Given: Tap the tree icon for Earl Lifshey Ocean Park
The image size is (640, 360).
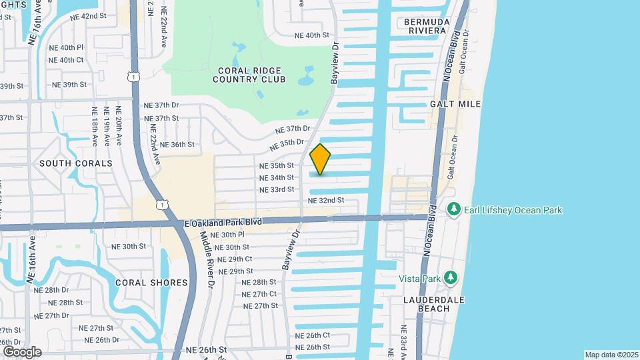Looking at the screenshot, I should pyautogui.click(x=454, y=210).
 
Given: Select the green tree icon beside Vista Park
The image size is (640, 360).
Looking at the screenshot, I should pyautogui.click(x=451, y=277).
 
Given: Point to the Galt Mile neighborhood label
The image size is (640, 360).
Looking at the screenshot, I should pyautogui.click(x=455, y=105).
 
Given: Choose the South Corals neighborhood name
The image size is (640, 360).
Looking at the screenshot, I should pyautogui.click(x=75, y=163).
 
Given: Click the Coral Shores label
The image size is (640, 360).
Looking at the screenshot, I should pyautogui.click(x=151, y=283).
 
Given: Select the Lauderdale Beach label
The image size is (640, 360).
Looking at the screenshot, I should pyautogui.click(x=433, y=303).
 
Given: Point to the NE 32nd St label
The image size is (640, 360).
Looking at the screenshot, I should pyautogui.click(x=326, y=200).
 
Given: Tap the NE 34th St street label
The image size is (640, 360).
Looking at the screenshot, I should pyautogui.click(x=277, y=177).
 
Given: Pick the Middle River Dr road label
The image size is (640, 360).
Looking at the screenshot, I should pyautogui.click(x=206, y=263).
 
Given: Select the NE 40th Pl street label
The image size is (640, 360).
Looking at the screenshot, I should pyautogui.click(x=67, y=47).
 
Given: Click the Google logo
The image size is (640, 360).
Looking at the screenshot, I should pyautogui.click(x=22, y=352).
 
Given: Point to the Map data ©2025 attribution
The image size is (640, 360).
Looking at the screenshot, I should pyautogui.click(x=611, y=355).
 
